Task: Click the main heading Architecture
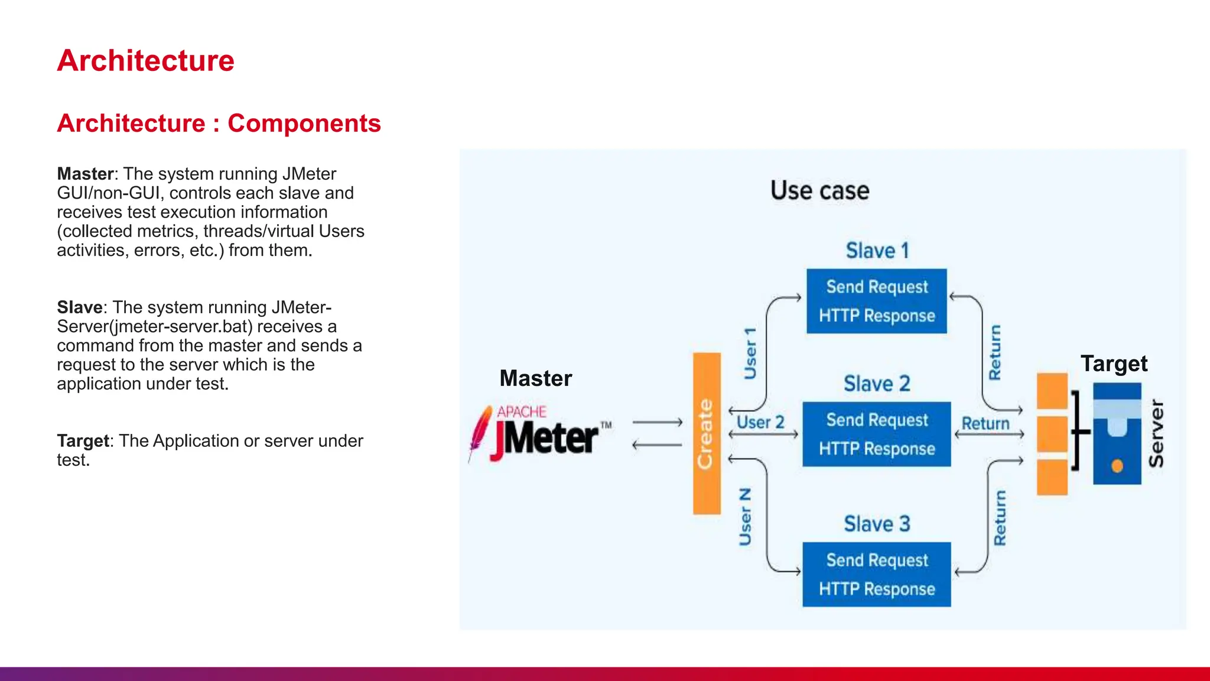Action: point(145,61)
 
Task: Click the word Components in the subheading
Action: point(304,124)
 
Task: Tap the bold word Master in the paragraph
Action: point(85,174)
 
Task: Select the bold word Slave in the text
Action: point(80,307)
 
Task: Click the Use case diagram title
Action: point(819,191)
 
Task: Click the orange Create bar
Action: point(706,433)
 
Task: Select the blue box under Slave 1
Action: point(876,301)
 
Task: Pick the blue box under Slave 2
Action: point(876,434)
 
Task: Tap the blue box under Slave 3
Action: point(876,574)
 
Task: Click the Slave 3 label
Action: point(876,524)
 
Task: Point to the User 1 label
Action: point(750,353)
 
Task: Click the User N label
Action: point(746,516)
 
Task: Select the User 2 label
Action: point(760,423)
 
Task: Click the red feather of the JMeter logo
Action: point(480,432)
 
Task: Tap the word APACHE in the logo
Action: point(521,411)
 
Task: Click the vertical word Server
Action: point(1156,433)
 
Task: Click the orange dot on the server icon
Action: point(1117,466)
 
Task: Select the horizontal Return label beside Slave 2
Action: point(985,424)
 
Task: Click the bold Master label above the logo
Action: point(535,378)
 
